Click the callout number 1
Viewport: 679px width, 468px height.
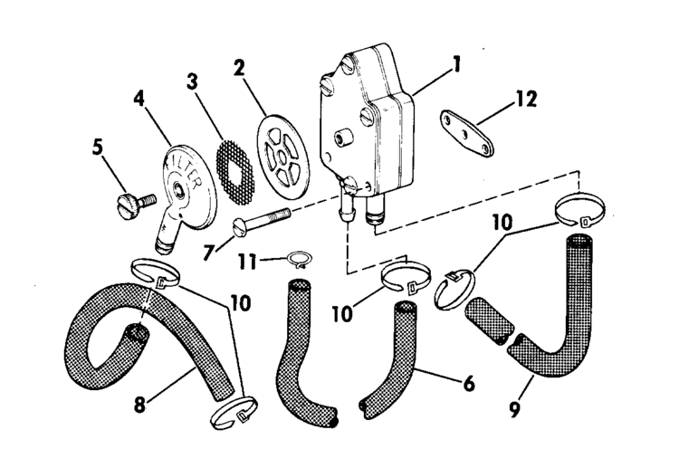[458, 65]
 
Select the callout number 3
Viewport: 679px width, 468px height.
[193, 81]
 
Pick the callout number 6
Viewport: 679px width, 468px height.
[468, 383]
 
